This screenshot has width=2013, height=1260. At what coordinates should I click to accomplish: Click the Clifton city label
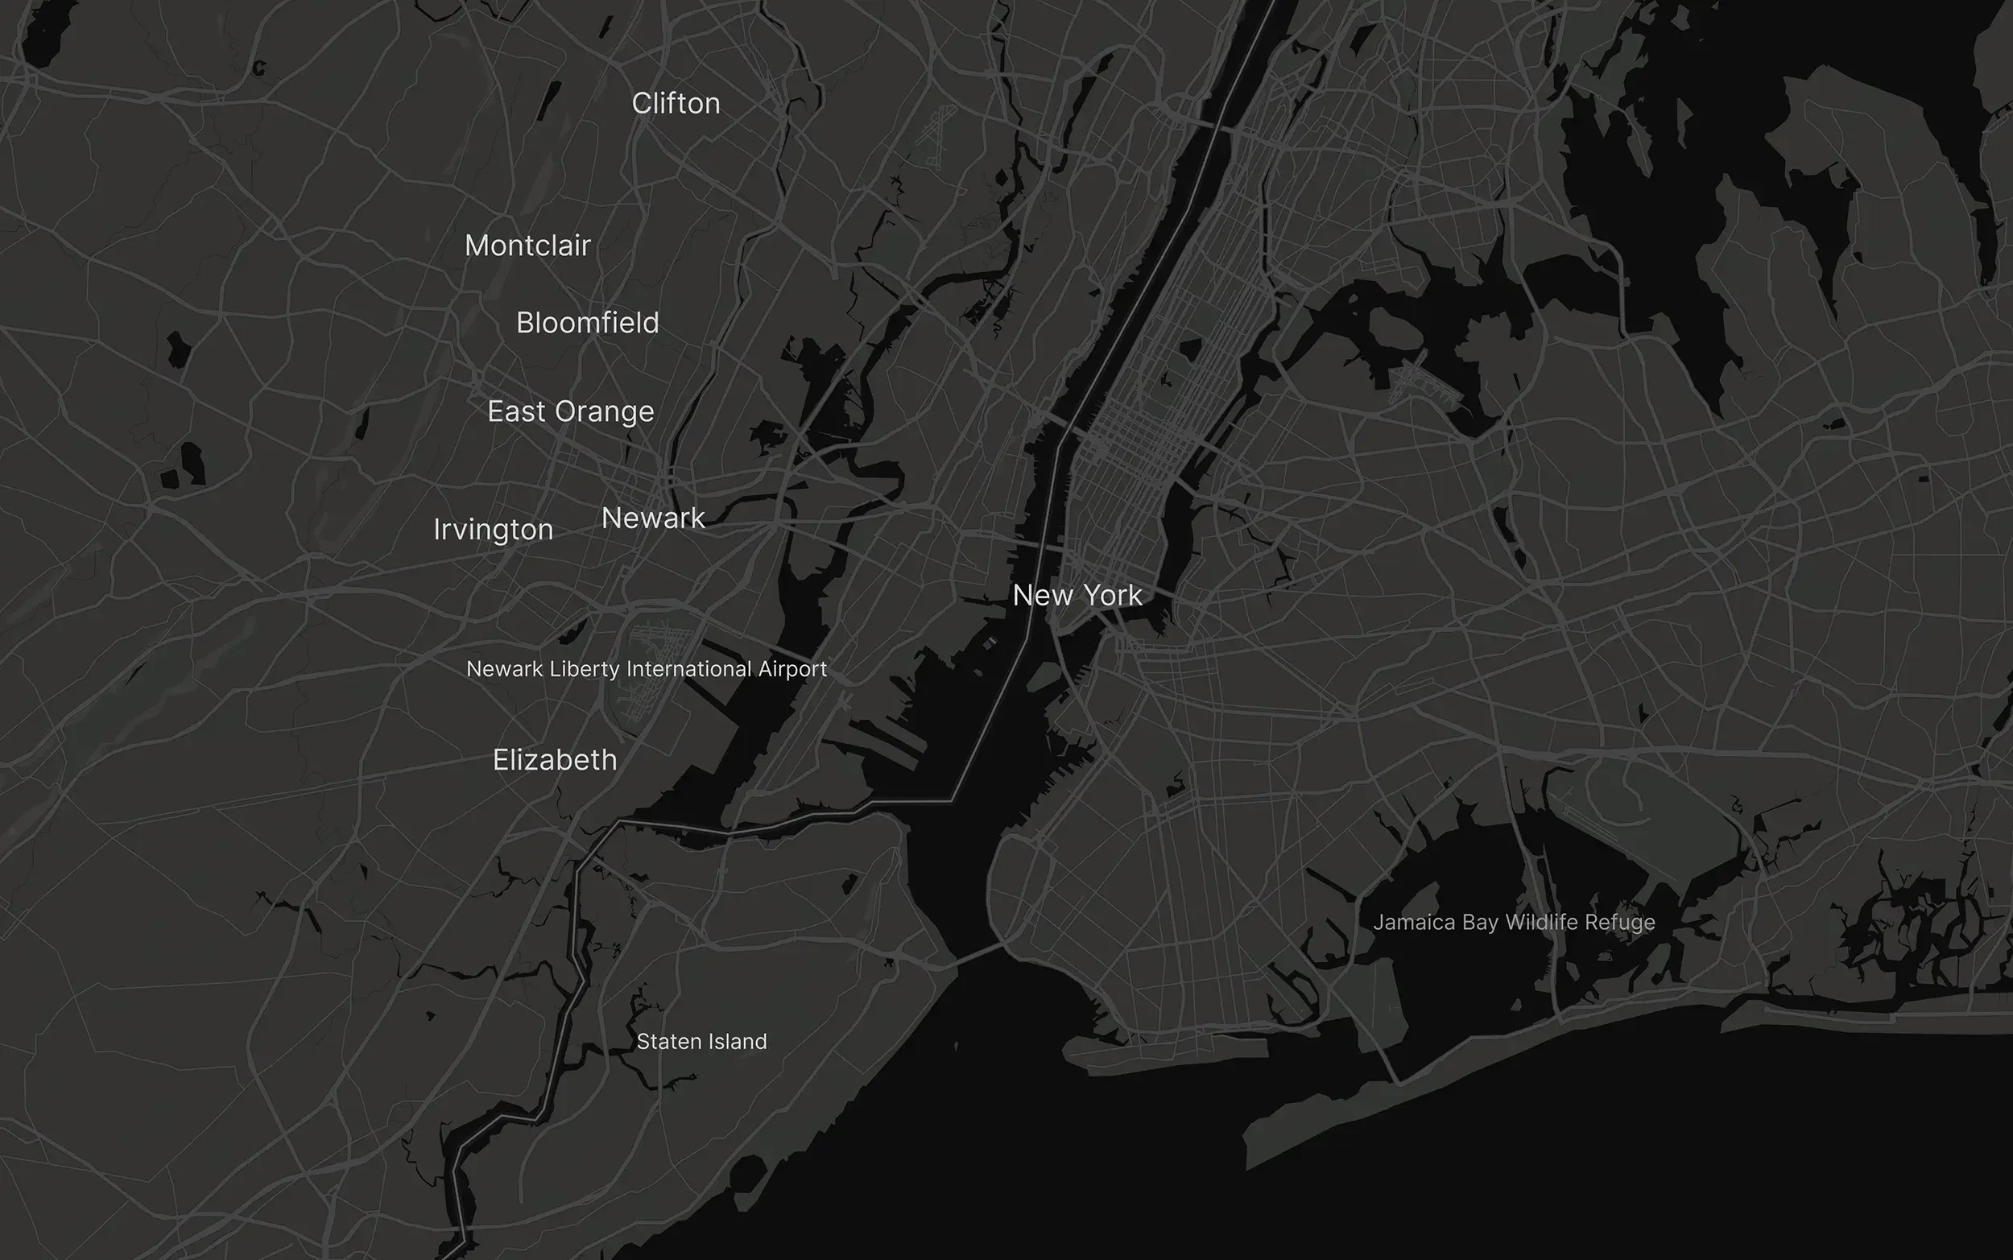pyautogui.click(x=676, y=103)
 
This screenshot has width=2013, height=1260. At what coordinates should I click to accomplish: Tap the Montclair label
pyautogui.click(x=527, y=246)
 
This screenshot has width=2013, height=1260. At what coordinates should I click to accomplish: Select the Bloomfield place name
pyautogui.click(x=588, y=324)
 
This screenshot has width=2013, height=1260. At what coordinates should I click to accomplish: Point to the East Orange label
pyautogui.click(x=571, y=411)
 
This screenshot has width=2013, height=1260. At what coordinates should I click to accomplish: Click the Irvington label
pyautogui.click(x=494, y=530)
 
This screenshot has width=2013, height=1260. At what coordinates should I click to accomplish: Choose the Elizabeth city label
pyautogui.click(x=555, y=760)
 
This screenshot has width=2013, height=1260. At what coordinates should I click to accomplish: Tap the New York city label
pyautogui.click(x=1077, y=596)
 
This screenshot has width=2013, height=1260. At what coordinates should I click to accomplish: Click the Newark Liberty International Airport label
pyautogui.click(x=647, y=669)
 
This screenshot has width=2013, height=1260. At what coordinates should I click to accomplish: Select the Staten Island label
pyautogui.click(x=701, y=1042)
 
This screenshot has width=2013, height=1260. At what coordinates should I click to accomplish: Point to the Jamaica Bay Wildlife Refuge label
pyautogui.click(x=1514, y=923)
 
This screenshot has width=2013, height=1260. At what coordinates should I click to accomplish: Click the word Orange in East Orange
pyautogui.click(x=605, y=412)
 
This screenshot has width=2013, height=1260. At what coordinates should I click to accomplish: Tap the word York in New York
pyautogui.click(x=1112, y=596)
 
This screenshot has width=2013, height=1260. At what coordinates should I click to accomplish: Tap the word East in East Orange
pyautogui.click(x=517, y=411)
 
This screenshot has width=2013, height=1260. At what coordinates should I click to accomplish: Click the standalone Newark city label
pyautogui.click(x=653, y=518)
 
